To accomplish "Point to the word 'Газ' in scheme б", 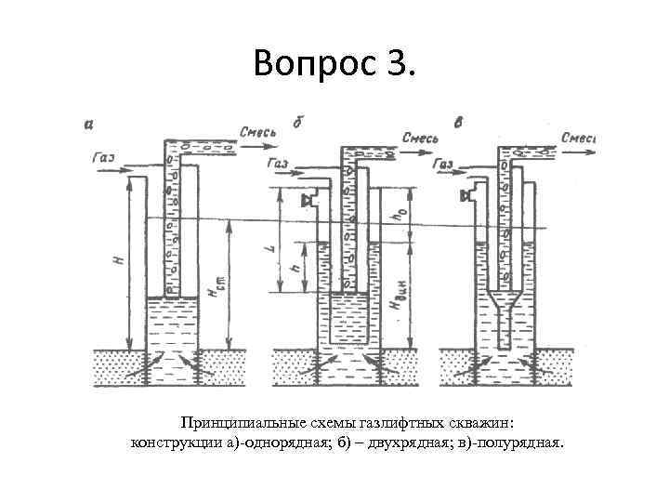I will pos(278,164).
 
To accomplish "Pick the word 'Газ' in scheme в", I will pos(445,164).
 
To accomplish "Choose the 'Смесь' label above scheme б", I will pos(421,138).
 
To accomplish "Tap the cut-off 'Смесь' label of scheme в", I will pos(578,138).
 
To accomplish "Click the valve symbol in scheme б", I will pos(306,201).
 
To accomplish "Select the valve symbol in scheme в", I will pos(468,196).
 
